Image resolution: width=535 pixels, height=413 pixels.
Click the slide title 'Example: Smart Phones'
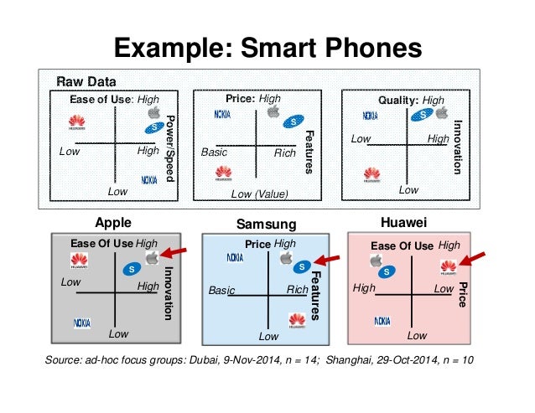pyautogui.click(x=267, y=46)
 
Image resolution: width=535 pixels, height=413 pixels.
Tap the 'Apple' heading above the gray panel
pyautogui.click(x=116, y=224)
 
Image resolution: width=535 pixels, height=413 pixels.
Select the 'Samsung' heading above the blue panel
pyautogui.click(x=267, y=225)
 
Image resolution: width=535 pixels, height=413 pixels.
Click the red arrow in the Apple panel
pyautogui.click(x=176, y=253)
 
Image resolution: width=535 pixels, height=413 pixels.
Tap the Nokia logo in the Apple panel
pyautogui.click(x=82, y=322)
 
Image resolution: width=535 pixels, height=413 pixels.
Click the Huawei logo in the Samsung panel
pyautogui.click(x=296, y=318)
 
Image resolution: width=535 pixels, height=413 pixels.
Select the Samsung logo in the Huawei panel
pyautogui.click(x=387, y=272)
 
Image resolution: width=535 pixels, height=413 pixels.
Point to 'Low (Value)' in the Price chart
pyautogui.click(x=259, y=194)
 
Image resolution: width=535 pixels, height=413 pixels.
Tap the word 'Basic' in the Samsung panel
pyautogui.click(x=222, y=291)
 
